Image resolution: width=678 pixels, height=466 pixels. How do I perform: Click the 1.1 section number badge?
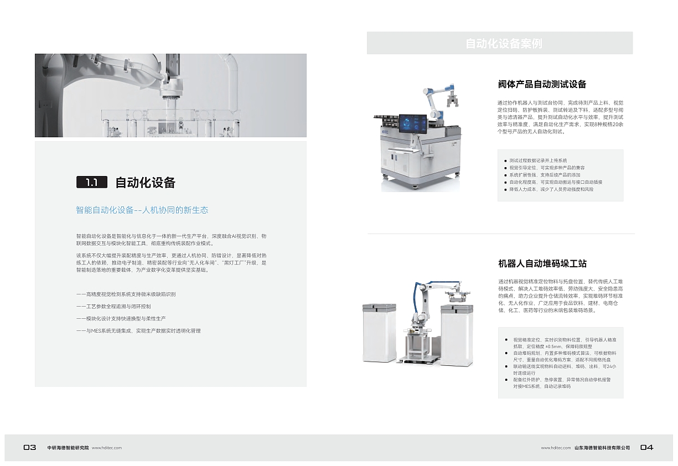[x=91, y=182]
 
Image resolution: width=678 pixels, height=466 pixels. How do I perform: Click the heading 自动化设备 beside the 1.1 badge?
[x=145, y=183]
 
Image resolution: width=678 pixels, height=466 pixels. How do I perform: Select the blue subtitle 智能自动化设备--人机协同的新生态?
[x=142, y=210]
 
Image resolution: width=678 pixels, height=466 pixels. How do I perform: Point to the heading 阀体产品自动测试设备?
[x=542, y=85]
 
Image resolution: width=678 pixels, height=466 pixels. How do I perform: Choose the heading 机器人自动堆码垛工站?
[x=542, y=263]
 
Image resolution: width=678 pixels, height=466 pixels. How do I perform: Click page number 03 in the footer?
[x=30, y=448]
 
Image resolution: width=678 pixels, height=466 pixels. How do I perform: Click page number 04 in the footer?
[x=646, y=448]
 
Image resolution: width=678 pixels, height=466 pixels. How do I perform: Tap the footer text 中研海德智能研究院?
[x=68, y=448]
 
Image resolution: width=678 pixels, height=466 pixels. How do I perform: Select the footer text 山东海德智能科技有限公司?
[x=602, y=448]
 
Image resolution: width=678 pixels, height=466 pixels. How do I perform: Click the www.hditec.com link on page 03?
[x=106, y=448]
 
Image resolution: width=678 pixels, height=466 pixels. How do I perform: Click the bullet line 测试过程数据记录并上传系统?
[x=537, y=160]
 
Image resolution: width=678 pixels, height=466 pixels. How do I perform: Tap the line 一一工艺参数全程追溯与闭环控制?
[x=113, y=307]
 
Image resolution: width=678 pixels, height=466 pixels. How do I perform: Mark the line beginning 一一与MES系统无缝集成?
[x=138, y=331]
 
